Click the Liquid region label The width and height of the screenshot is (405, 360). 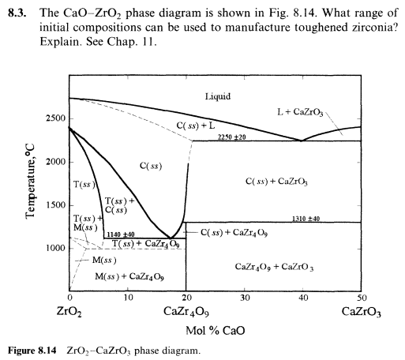[217, 97]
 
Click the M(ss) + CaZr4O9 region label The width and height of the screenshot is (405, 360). [129, 276]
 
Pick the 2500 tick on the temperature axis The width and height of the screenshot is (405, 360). [51, 118]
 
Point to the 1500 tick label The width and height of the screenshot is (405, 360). [51, 205]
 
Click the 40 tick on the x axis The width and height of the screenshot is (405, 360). [302, 298]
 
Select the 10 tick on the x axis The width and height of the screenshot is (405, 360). [128, 298]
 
